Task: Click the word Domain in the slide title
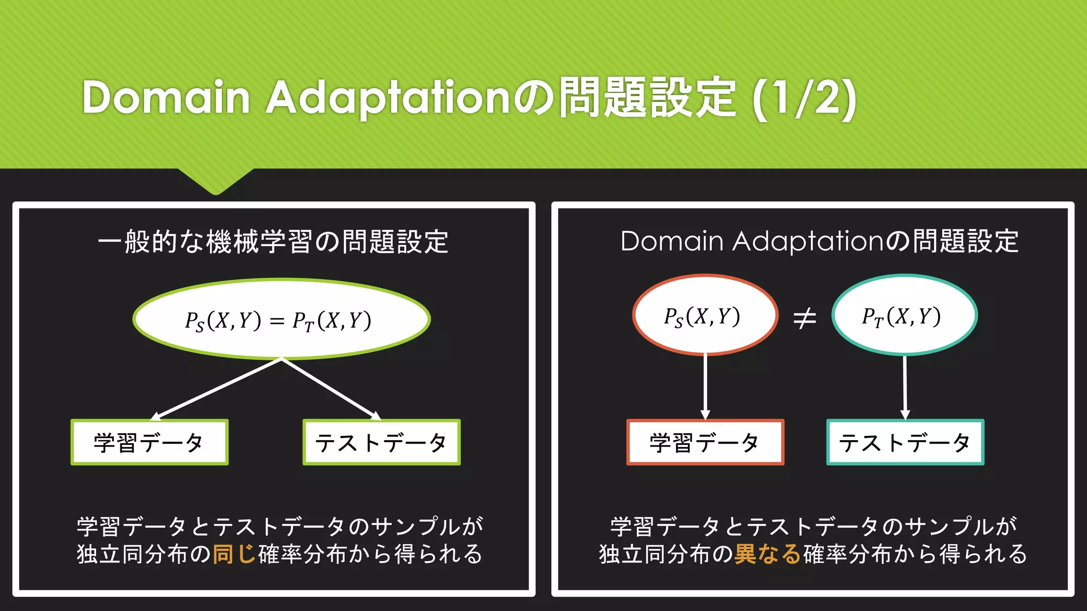click(166, 98)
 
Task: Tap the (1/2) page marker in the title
click(804, 99)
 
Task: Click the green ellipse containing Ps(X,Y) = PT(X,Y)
click(281, 319)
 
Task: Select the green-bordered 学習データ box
click(150, 442)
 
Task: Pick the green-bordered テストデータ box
click(381, 442)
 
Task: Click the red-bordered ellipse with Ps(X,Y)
click(705, 316)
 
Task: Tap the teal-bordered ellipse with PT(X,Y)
click(904, 316)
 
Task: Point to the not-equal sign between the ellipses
click(804, 319)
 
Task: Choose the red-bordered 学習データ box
click(705, 442)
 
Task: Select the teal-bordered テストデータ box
click(905, 442)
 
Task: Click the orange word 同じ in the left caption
click(234, 554)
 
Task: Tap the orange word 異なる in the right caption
click(767, 554)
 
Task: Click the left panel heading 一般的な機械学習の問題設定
click(273, 242)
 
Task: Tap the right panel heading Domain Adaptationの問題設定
click(819, 242)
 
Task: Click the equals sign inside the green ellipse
click(277, 321)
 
